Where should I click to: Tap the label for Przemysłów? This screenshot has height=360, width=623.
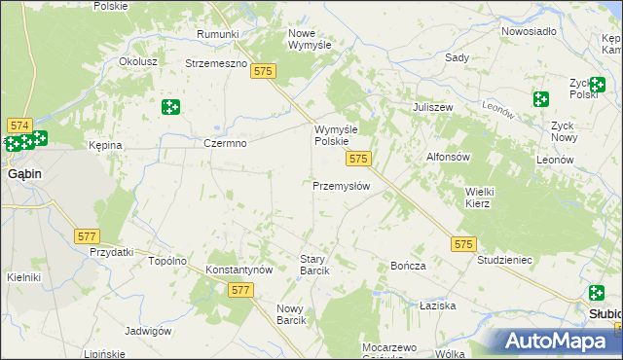[341, 186]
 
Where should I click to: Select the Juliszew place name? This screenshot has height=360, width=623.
[435, 107]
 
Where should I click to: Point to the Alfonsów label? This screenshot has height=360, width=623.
[449, 157]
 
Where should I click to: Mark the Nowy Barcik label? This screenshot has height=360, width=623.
[291, 313]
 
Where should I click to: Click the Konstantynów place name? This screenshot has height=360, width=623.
[238, 270]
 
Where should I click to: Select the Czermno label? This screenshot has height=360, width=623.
[225, 143]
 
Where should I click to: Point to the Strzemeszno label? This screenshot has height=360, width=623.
[217, 63]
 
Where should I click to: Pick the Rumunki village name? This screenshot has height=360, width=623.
[217, 34]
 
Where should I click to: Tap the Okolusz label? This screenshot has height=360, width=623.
[138, 60]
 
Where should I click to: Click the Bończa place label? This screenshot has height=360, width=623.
[408, 266]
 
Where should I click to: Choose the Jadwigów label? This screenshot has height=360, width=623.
[148, 331]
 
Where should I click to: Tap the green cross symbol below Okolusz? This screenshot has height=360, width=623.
[171, 106]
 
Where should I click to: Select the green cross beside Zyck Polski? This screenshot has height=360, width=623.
[541, 98]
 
